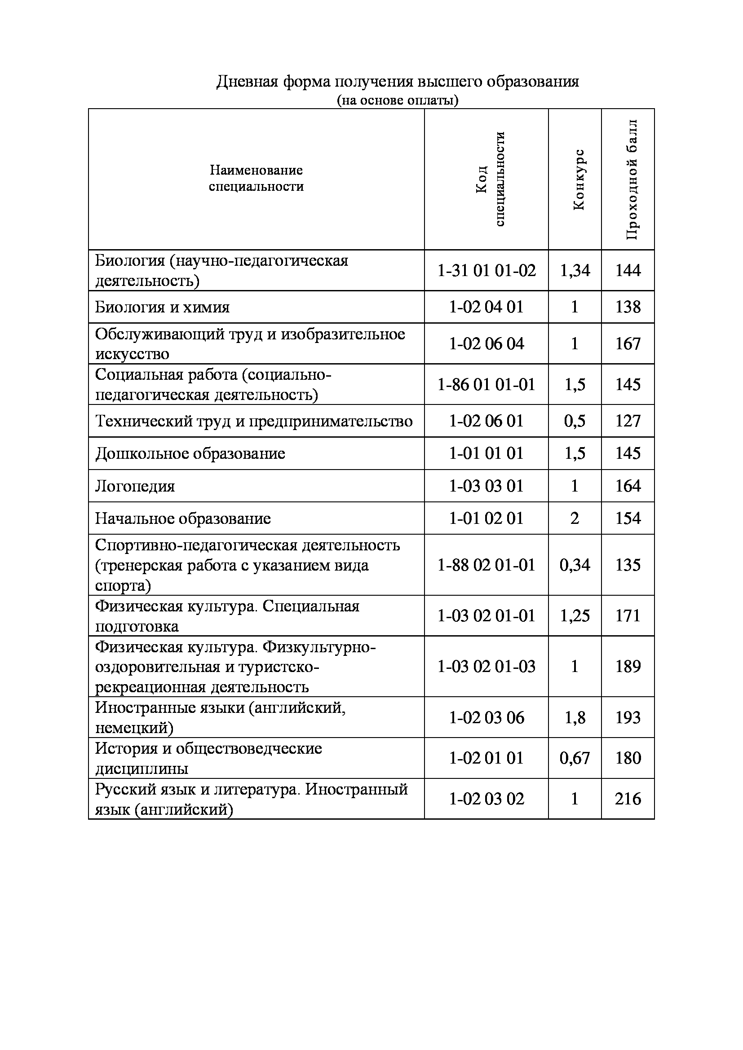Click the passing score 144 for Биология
(628, 270)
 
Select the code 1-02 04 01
(486, 307)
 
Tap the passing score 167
(628, 343)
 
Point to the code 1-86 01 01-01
(486, 384)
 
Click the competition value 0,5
(575, 421)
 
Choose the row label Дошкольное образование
(190, 453)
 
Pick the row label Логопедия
(135, 486)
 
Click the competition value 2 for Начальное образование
(575, 518)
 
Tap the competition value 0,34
(575, 565)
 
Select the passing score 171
(628, 615)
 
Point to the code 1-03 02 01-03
(486, 666)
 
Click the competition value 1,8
(575, 717)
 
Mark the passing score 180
(628, 758)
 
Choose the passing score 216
(628, 799)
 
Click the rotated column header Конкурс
(579, 179)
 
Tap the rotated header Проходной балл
(632, 179)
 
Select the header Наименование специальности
(256, 178)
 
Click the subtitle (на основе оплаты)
(397, 100)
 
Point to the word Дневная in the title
(247, 82)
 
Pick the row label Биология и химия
(162, 307)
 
